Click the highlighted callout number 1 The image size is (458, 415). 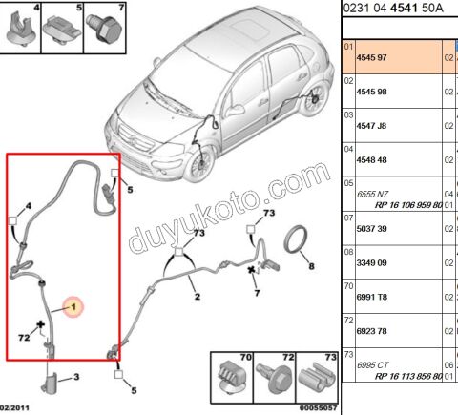click(x=73, y=307)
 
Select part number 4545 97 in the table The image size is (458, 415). click(x=371, y=58)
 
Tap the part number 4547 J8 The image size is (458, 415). click(x=371, y=126)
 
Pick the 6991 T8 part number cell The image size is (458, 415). click(x=372, y=297)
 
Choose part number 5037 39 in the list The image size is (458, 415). click(x=371, y=229)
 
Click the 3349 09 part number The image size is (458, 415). click(x=371, y=263)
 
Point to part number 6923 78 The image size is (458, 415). click(x=371, y=331)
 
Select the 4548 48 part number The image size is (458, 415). click(x=371, y=160)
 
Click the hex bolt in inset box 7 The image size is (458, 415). click(x=105, y=29)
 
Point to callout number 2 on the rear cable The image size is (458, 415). click(x=198, y=297)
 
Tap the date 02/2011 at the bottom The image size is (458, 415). click(x=14, y=407)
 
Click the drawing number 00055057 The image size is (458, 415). click(x=318, y=407)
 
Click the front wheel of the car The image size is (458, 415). click(x=199, y=163)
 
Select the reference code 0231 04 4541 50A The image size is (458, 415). click(x=393, y=8)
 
